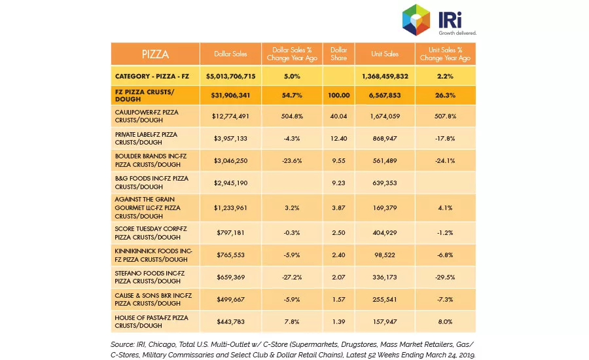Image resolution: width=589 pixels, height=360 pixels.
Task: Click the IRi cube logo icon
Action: [416, 20]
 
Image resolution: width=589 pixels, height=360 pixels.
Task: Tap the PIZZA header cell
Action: [155, 54]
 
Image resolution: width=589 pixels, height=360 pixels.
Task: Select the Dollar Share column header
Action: [338, 54]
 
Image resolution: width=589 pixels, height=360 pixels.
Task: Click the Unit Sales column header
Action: [385, 54]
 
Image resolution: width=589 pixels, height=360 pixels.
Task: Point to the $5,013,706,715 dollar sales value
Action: [230, 77]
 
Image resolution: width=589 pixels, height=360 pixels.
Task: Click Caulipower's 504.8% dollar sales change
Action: [292, 116]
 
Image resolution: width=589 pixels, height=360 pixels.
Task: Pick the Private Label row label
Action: [146, 138]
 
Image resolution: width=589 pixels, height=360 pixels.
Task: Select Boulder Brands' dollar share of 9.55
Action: [338, 160]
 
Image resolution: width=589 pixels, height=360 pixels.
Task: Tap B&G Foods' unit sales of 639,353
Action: [385, 183]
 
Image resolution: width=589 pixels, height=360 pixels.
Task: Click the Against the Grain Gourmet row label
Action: [148, 207]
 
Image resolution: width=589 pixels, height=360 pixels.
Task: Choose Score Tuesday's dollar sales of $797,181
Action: [230, 232]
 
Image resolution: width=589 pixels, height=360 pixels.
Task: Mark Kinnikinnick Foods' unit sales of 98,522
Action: [385, 255]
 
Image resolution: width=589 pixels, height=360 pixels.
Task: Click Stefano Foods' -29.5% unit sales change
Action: [445, 278]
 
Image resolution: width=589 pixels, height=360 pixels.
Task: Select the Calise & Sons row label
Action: [153, 300]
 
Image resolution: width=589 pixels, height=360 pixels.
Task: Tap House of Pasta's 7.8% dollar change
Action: [292, 321]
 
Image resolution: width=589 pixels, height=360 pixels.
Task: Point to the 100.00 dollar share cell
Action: [338, 95]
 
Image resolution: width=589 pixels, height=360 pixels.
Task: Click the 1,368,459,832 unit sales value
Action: [385, 77]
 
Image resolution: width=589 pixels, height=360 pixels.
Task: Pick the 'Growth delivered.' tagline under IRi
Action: [457, 33]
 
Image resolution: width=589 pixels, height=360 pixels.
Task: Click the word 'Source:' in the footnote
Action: [122, 344]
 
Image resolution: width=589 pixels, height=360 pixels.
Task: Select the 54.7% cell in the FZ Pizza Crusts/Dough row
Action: [292, 95]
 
